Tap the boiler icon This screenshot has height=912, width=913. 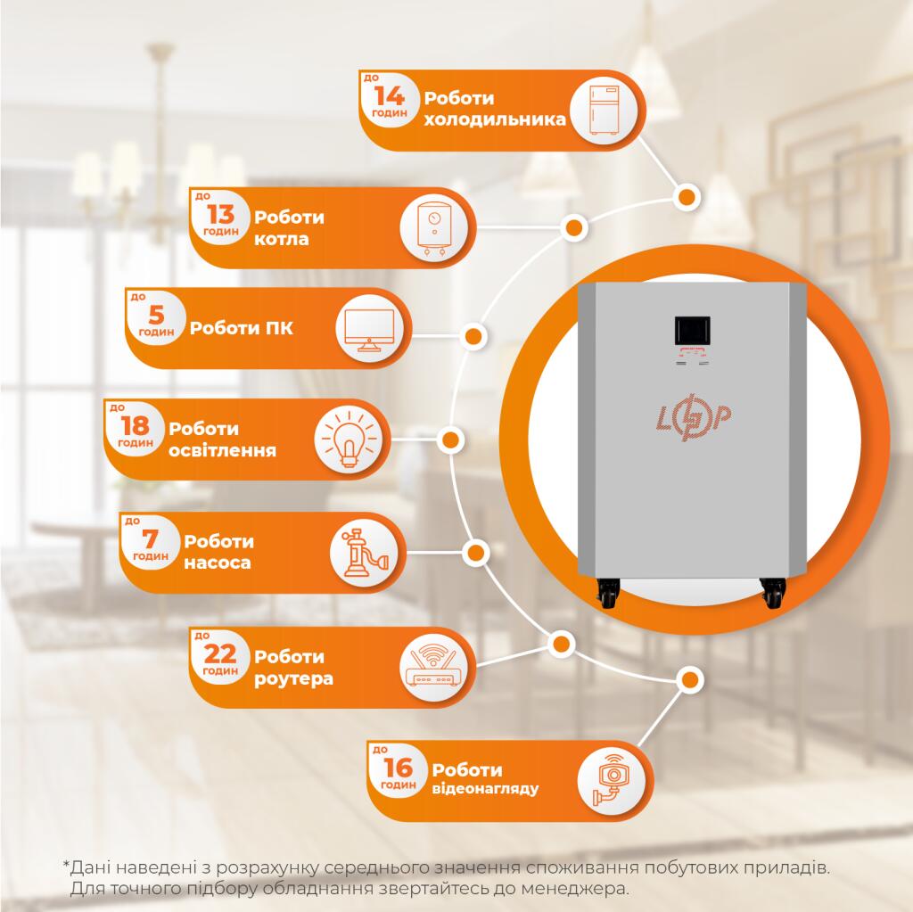pyautogui.click(x=434, y=228)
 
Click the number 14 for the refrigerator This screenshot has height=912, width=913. pyautogui.click(x=389, y=96)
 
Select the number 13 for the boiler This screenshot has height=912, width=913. pyautogui.click(x=220, y=215)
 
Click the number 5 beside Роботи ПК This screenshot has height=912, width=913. pyautogui.click(x=155, y=316)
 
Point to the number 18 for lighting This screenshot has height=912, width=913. pyautogui.click(x=135, y=425)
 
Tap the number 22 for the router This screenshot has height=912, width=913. pyautogui.click(x=220, y=655)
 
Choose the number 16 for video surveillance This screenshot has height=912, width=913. pyautogui.click(x=398, y=767)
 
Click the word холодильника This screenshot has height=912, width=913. pyautogui.click(x=495, y=119)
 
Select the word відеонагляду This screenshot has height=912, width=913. pyautogui.click(x=485, y=789)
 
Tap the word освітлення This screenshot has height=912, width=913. pyautogui.click(x=221, y=450)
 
